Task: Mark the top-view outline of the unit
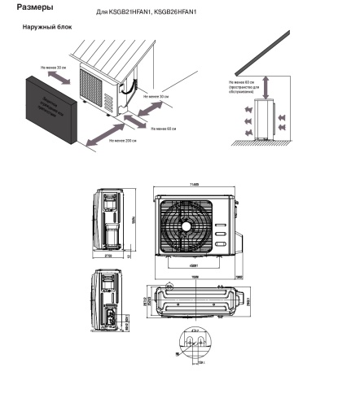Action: pos(192,304)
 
